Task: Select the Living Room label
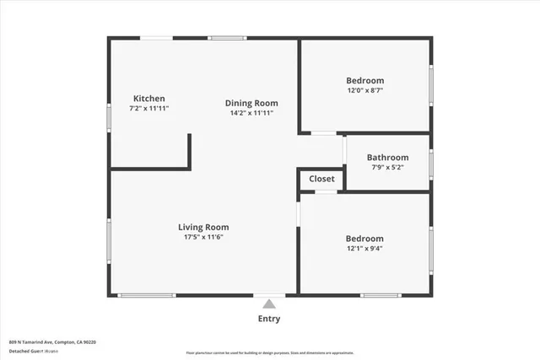[203, 227]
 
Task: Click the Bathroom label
[387, 157]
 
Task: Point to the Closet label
[321, 179]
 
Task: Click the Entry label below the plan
[269, 319]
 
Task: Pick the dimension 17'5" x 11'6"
[203, 237]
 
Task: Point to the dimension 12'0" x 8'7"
[365, 90]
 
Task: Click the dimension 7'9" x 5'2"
[387, 167]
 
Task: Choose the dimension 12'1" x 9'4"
[364, 249]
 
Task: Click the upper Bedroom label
[365, 80]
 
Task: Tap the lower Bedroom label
[364, 239]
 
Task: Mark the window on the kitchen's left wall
[108, 117]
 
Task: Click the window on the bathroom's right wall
[431, 163]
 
